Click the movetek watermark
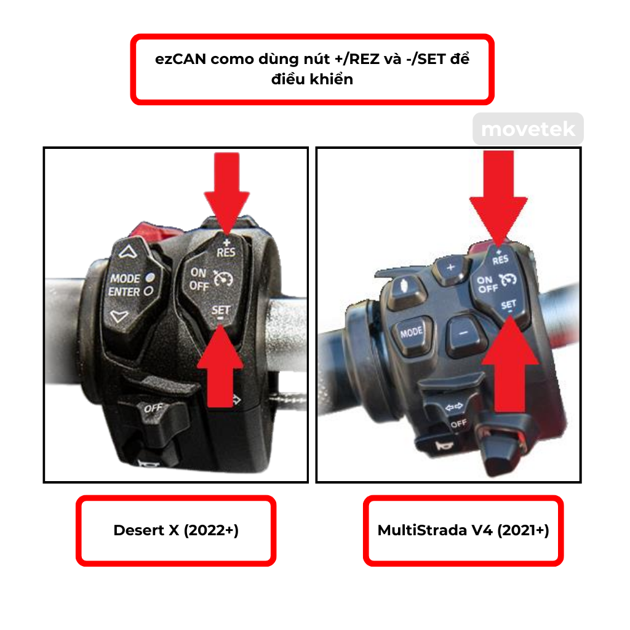tap(528, 129)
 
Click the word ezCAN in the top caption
tap(177, 61)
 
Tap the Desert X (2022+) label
tap(176, 530)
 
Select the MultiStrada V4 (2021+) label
tap(463, 530)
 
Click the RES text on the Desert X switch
tap(226, 252)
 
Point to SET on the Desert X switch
tap(221, 310)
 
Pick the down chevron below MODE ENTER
tap(121, 316)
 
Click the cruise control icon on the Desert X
tap(221, 280)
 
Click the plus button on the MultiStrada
tap(450, 268)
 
